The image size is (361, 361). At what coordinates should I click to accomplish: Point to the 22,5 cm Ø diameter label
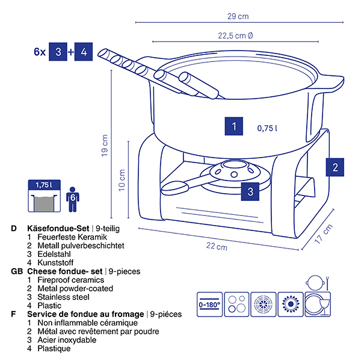click(x=235, y=35)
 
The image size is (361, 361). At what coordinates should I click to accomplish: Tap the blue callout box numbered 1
click(x=233, y=127)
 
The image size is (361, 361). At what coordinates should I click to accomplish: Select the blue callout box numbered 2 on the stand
click(x=335, y=167)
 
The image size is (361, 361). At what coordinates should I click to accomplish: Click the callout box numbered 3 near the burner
click(x=251, y=192)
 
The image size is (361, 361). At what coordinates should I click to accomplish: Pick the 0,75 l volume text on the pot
click(x=268, y=128)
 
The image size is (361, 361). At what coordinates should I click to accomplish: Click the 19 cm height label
click(x=106, y=146)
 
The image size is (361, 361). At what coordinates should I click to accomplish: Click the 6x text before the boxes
click(x=40, y=52)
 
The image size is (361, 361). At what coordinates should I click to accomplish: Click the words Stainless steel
click(x=62, y=297)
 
